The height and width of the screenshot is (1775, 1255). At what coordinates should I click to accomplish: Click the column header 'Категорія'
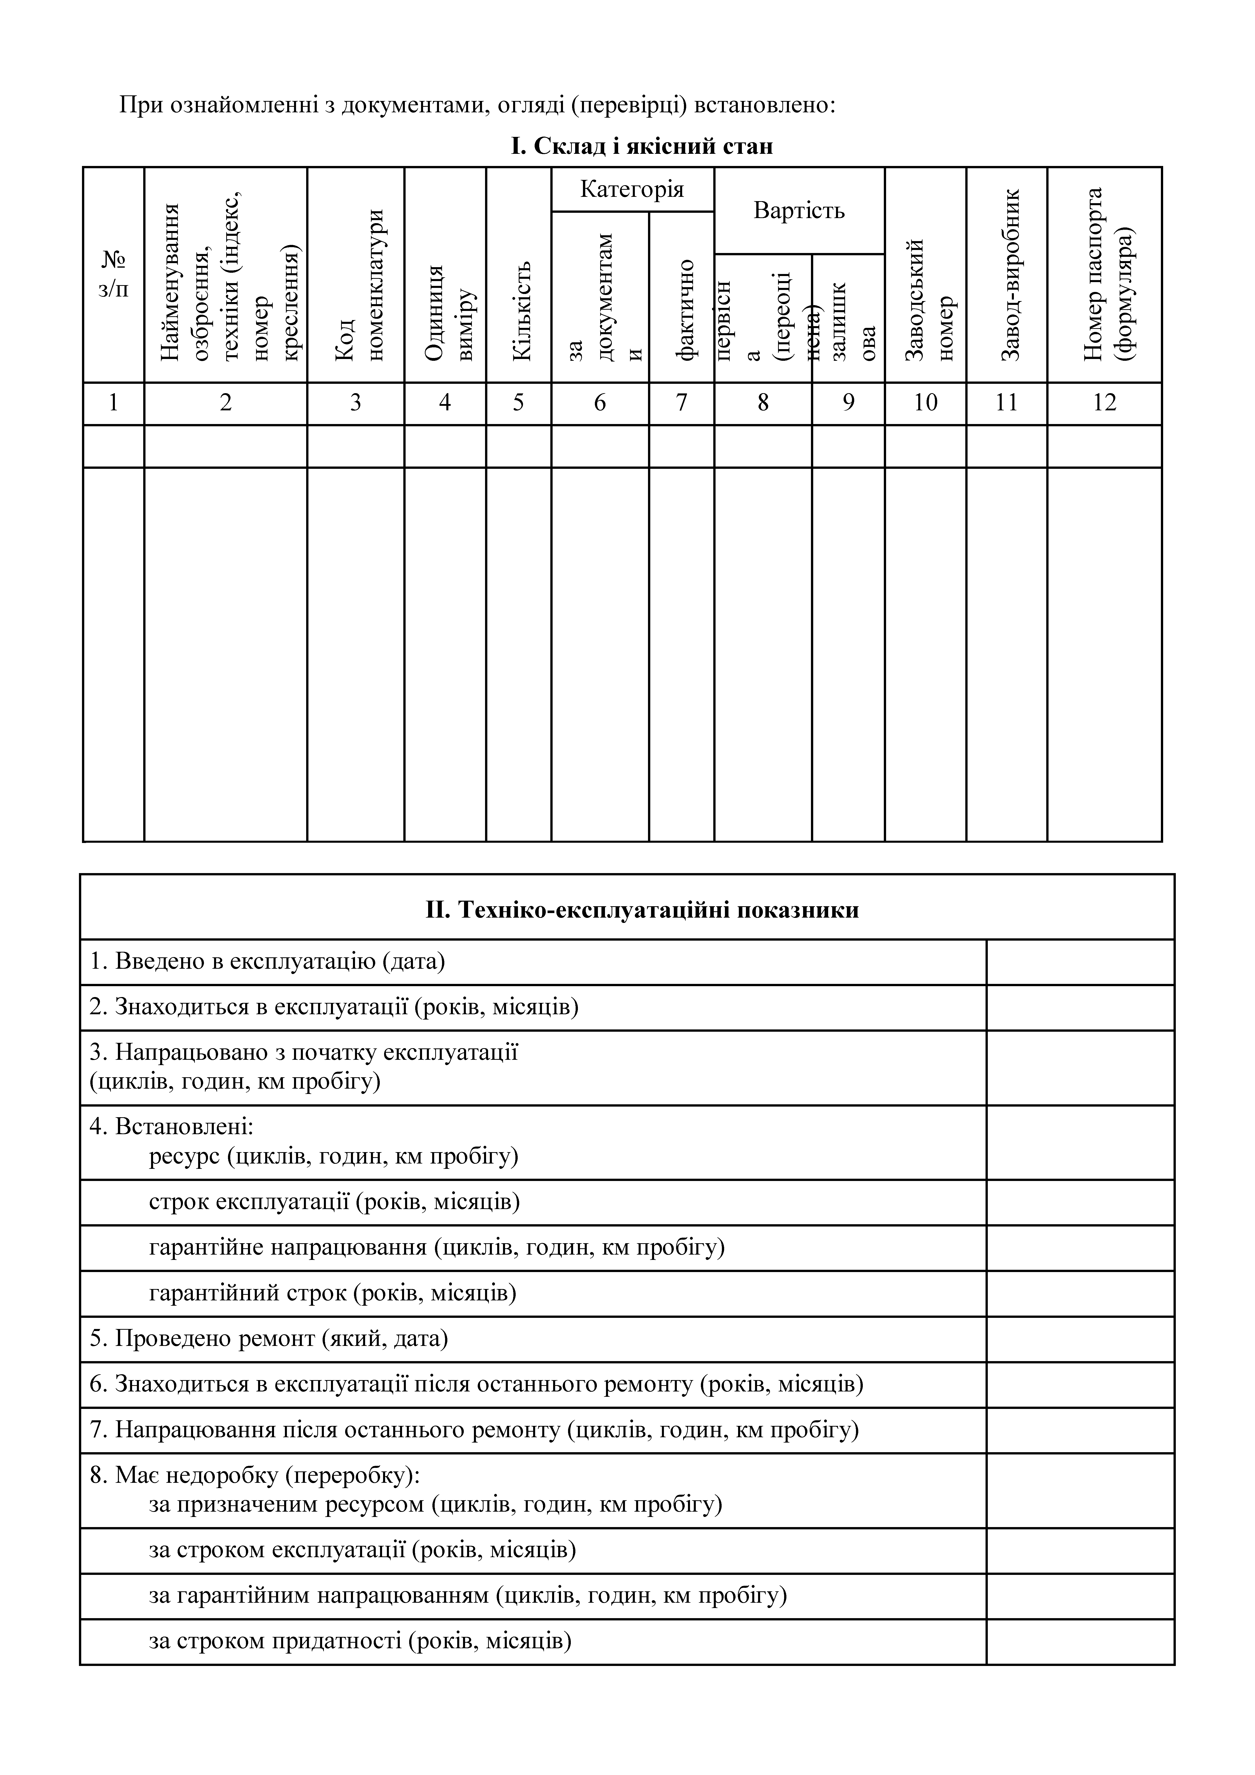pos(632,189)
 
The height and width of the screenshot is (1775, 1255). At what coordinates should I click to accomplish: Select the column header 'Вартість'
pos(799,210)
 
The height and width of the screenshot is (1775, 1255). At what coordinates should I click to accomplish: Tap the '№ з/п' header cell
pos(114,274)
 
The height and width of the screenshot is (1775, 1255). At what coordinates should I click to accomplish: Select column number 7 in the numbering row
pos(681,403)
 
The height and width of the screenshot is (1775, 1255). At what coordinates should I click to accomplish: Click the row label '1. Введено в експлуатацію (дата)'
pos(267,962)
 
